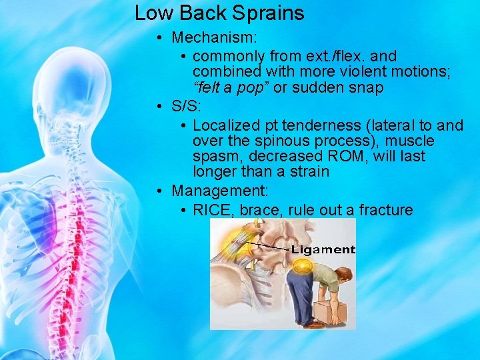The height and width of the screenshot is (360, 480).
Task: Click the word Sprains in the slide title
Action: pyautogui.click(x=273, y=13)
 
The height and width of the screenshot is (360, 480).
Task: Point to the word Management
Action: pyautogui.click(x=219, y=191)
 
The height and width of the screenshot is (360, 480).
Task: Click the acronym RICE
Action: pyautogui.click(x=213, y=210)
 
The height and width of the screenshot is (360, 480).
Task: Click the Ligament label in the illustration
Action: pyautogui.click(x=323, y=250)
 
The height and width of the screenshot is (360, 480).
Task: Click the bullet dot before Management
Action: pyautogui.click(x=161, y=191)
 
